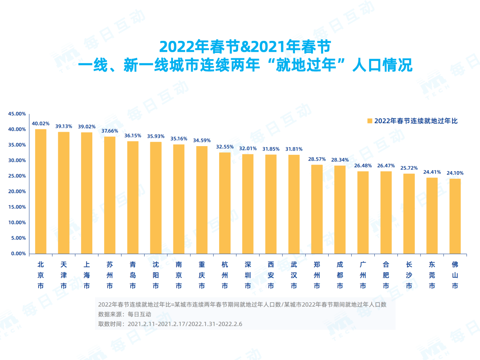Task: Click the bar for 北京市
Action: (41, 191)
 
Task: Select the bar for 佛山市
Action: (455, 216)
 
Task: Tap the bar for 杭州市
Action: (225, 203)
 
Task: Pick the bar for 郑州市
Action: (317, 209)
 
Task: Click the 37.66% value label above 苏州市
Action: (110, 131)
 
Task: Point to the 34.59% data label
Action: (202, 140)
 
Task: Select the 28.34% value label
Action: (340, 160)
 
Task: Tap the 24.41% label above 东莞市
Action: (432, 172)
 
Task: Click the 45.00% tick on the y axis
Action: (17, 114)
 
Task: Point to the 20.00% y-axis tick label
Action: (17, 192)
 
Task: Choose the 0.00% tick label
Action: (19, 254)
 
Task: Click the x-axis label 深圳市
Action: (248, 275)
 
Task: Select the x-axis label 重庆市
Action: (202, 275)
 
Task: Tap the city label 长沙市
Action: (409, 275)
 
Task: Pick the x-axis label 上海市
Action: (87, 275)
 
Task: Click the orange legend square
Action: (369, 121)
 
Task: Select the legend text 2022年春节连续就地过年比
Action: (416, 121)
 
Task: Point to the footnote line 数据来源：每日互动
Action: (125, 314)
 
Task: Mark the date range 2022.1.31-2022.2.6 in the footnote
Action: (215, 324)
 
